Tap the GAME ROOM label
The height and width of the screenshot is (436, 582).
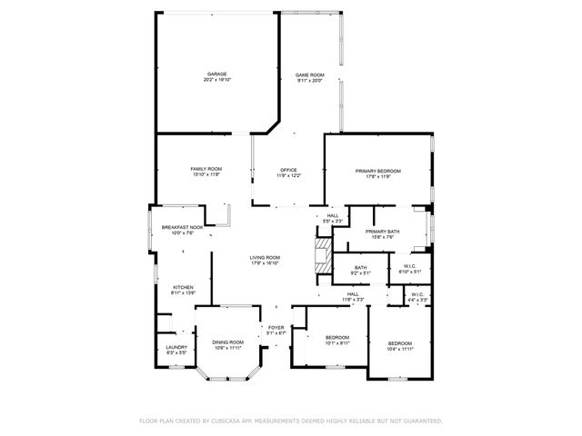[x=309, y=76]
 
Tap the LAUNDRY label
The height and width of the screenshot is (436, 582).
[x=176, y=349]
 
